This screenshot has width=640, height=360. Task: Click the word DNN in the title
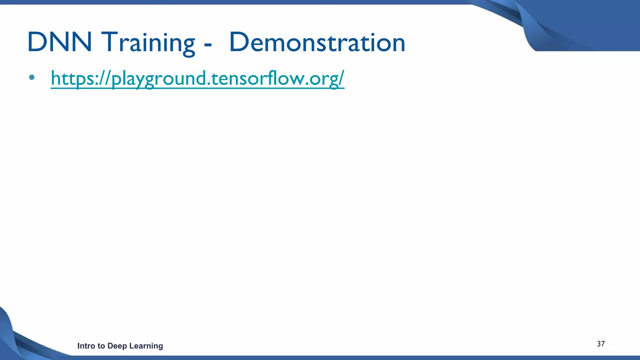pyautogui.click(x=59, y=42)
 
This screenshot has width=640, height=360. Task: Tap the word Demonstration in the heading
pyautogui.click(x=317, y=42)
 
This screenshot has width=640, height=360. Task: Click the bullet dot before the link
pyautogui.click(x=31, y=77)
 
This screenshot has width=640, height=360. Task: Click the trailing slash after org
pyautogui.click(x=341, y=78)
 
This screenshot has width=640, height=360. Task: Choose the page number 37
pyautogui.click(x=601, y=344)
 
